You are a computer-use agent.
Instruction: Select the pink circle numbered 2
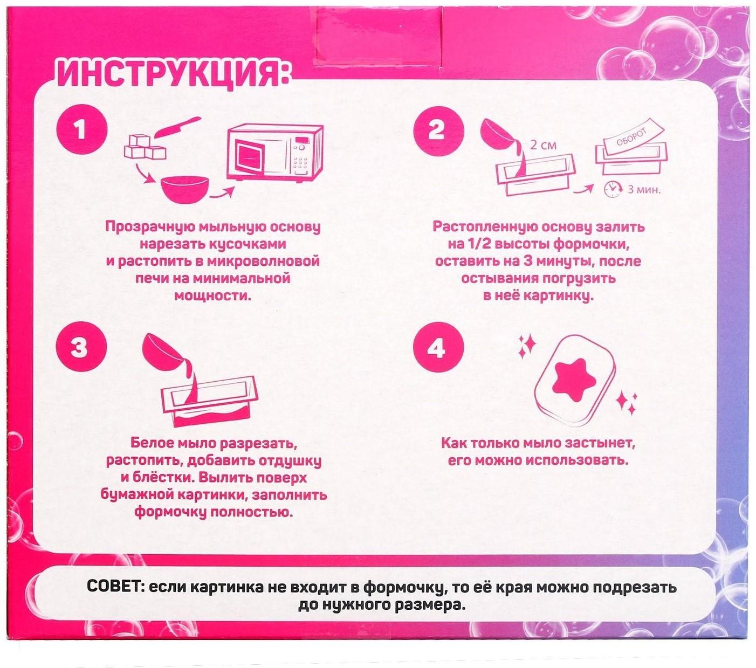(436, 130)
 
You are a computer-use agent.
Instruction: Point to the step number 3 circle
(80, 348)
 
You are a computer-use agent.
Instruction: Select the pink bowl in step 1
(183, 188)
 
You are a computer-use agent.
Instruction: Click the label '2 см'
(543, 146)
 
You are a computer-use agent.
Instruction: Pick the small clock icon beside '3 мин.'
(610, 189)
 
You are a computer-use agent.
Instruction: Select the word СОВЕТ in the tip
(114, 587)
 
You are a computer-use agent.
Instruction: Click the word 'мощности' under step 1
(213, 296)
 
